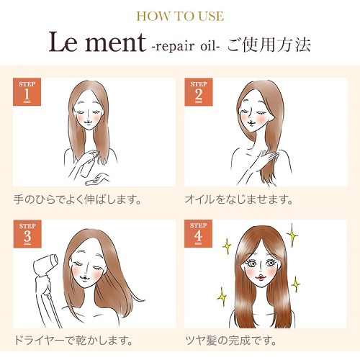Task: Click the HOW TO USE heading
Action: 180,17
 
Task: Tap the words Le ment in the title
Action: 97,42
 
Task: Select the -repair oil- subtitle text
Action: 186,45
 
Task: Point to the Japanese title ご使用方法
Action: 269,45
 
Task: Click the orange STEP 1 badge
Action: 27,92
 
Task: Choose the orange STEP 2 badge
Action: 199,92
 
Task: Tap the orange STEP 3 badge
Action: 27,234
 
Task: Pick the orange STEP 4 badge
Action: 198,233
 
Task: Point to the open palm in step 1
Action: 97,179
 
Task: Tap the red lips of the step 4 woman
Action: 261,278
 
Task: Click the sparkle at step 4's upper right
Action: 292,235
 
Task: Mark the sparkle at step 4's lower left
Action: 222,297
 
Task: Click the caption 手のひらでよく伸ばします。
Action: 77,199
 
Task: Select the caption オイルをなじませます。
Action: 239,199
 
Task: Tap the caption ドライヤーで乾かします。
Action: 73,341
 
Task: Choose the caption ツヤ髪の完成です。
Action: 231,341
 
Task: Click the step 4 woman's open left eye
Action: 271,263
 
